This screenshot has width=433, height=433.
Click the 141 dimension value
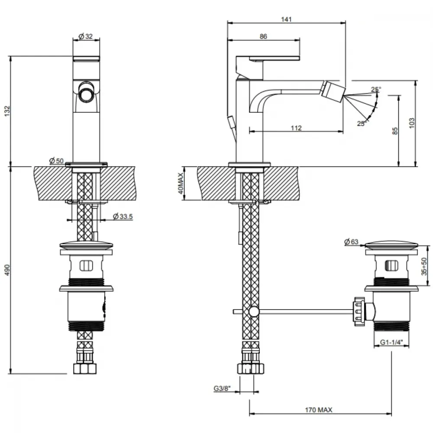(286, 19)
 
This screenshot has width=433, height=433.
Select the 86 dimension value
(263, 36)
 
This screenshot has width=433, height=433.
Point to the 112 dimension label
(296, 128)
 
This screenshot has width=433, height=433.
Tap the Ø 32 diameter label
(86, 36)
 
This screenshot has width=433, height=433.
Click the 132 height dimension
(7, 111)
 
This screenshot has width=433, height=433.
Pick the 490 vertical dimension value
(7, 270)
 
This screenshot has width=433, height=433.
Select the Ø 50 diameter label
(56, 161)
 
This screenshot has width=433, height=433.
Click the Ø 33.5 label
(123, 216)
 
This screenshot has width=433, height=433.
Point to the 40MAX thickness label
(181, 183)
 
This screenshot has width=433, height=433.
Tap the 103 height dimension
(412, 123)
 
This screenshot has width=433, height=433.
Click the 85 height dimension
(395, 131)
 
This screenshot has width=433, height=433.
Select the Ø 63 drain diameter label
(351, 242)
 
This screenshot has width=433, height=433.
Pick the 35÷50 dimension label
(424, 266)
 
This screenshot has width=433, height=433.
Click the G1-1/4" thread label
(391, 342)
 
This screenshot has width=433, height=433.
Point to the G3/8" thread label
(222, 388)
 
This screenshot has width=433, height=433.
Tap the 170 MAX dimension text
(319, 410)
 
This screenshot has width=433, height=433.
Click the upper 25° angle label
(376, 89)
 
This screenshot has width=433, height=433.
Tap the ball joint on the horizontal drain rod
(254, 311)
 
